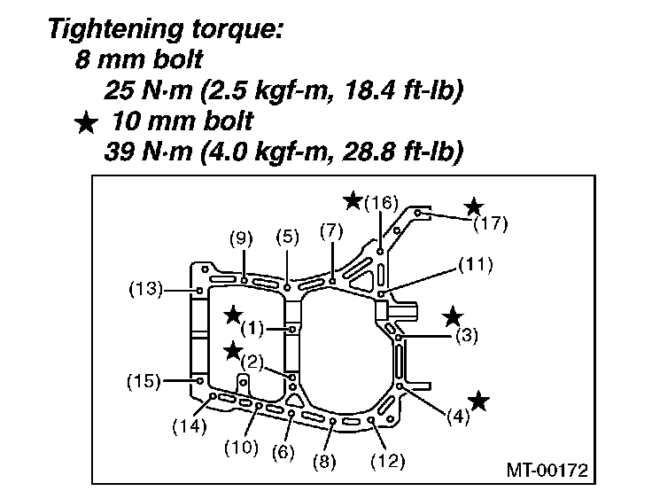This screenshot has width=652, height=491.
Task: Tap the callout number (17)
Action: point(490,223)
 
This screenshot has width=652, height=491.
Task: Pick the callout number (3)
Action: point(467,336)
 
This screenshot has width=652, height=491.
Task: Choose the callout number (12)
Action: point(388,460)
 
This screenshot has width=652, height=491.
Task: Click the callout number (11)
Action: point(476,263)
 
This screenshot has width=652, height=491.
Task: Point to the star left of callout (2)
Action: point(233,351)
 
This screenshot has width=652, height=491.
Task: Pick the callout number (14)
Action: point(189,425)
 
